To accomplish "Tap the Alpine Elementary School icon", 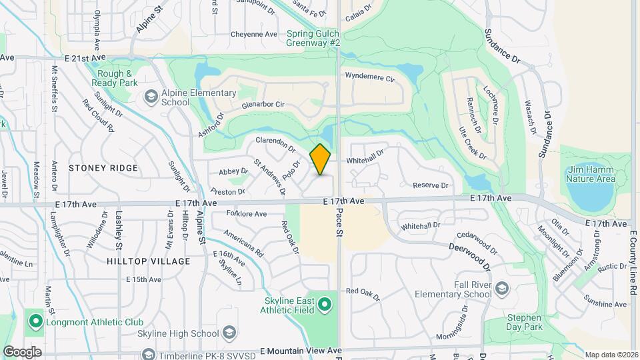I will (150, 98).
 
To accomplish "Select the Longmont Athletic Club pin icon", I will (35, 323).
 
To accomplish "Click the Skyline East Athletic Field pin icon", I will (325, 305).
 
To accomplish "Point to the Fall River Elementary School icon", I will (501, 289).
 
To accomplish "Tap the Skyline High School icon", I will (229, 333).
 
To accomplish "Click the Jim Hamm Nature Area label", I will (590, 174).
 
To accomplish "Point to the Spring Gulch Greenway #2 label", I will (313, 38).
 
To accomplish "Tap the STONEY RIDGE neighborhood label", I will (103, 168).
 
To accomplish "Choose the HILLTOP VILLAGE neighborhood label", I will (148, 261).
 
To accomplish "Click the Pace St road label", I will (339, 221).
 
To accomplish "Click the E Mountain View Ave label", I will (301, 351).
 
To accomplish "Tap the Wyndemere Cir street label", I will (370, 77).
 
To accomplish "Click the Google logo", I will (22, 352).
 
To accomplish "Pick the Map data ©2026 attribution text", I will (611, 355).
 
